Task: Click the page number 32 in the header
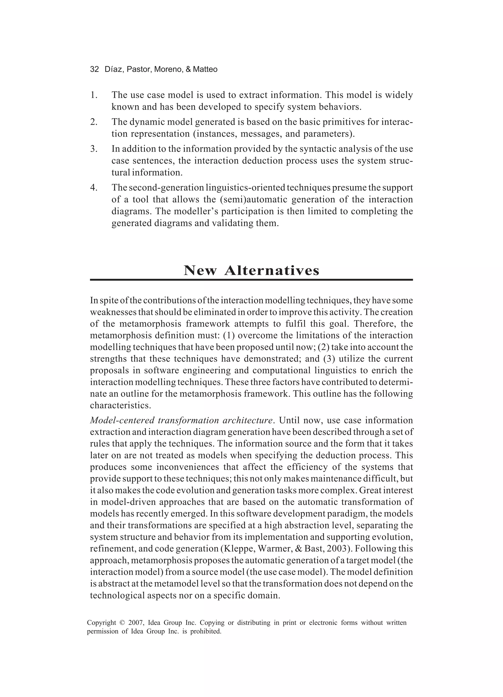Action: pos(94,70)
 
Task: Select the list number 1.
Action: pos(93,95)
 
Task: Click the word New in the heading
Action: pos(200,270)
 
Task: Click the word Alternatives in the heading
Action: pos(272,270)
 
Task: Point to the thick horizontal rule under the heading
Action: pos(251,280)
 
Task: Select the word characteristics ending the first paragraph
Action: pos(120,405)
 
